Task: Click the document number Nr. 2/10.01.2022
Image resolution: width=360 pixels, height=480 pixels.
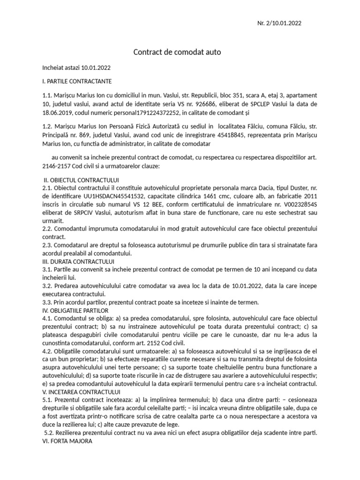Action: click(283, 24)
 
